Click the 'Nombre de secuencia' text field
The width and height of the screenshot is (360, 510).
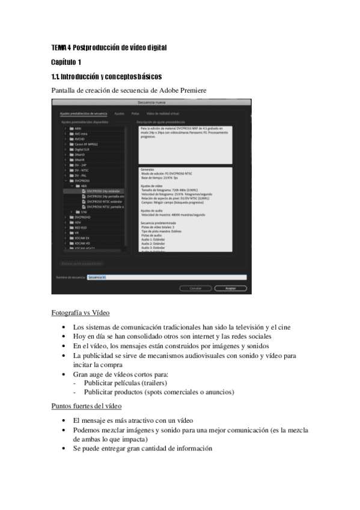click(166, 277)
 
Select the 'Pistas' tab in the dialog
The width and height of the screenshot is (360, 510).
click(135, 113)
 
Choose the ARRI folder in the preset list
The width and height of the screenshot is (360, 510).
click(78, 129)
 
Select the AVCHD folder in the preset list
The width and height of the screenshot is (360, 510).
click(79, 139)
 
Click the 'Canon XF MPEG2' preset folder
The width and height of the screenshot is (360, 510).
click(87, 144)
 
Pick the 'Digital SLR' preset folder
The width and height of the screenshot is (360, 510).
click(82, 149)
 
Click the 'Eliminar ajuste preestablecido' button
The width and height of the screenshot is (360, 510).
click(82, 263)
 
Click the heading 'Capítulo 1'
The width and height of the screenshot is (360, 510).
click(67, 62)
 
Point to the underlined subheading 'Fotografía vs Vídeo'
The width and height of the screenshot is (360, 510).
click(80, 313)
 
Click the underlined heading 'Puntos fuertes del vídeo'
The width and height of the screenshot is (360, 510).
click(86, 406)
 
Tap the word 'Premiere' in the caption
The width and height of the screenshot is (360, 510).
click(193, 90)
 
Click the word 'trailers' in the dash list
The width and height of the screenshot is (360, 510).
click(150, 382)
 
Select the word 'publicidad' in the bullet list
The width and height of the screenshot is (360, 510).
click(99, 355)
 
